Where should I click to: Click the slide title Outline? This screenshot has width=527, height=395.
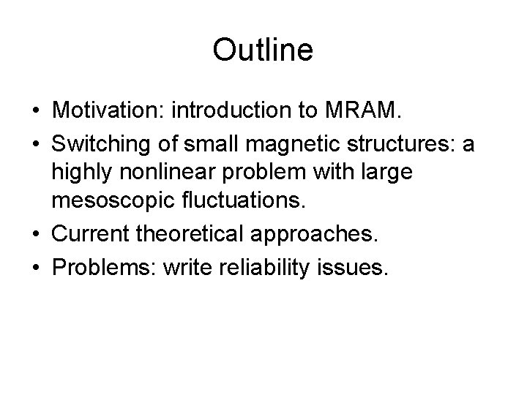click(263, 50)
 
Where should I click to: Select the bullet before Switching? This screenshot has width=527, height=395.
click(35, 146)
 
